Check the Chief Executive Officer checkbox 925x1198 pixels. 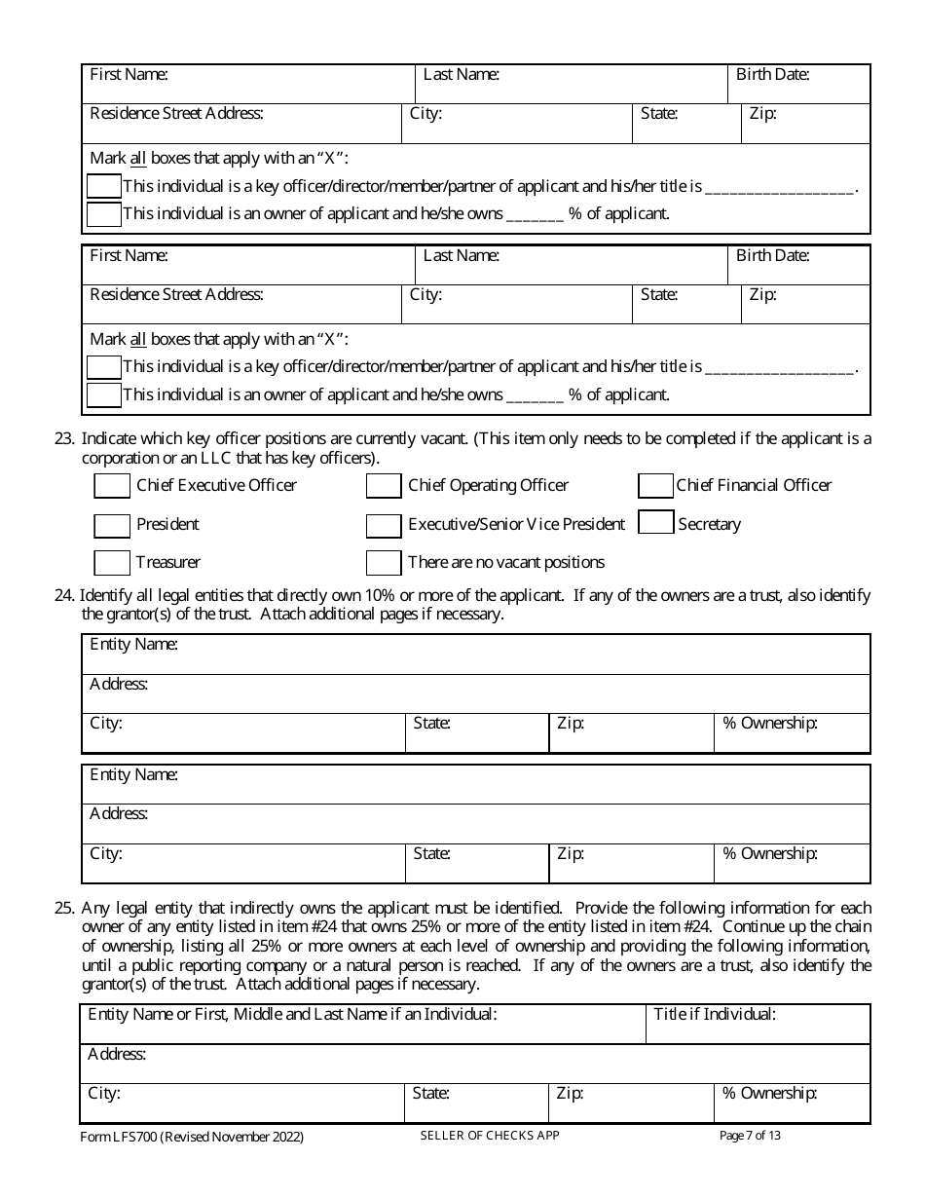pos(112,486)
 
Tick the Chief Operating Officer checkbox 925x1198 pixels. pos(384,486)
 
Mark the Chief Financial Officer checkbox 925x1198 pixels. pos(655,486)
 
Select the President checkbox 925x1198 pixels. pos(112,526)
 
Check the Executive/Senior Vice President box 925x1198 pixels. pos(384,526)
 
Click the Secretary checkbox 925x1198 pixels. pos(655,523)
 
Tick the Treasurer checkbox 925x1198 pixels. pos(112,563)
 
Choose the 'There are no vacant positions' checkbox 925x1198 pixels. pos(384,563)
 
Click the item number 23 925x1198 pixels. pos(63,439)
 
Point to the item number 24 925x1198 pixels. pos(63,596)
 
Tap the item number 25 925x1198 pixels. pos(63,908)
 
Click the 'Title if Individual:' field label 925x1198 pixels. pos(715,1015)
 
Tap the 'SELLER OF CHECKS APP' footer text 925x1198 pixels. pos(490,1136)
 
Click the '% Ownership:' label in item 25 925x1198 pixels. pos(769,1094)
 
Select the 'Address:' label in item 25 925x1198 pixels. pos(117,1055)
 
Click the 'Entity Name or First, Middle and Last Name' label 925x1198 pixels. pos(292,1015)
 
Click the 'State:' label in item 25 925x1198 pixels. pos(431,1094)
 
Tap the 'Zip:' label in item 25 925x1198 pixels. pos(570,1094)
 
